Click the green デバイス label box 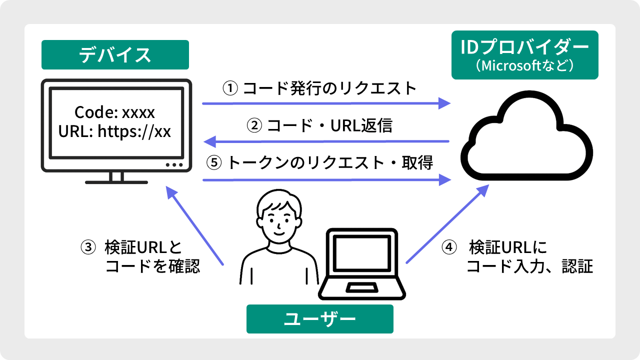[115, 54]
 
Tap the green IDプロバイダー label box [524, 55]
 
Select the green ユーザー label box [319, 319]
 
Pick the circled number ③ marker [87, 247]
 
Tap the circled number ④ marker [449, 247]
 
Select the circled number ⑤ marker [213, 163]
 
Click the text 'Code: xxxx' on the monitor [114, 111]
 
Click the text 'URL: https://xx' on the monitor [114, 131]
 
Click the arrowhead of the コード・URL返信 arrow [209, 141]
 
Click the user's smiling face [278, 217]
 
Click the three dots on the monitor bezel [174, 164]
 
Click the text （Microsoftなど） [524, 65]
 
